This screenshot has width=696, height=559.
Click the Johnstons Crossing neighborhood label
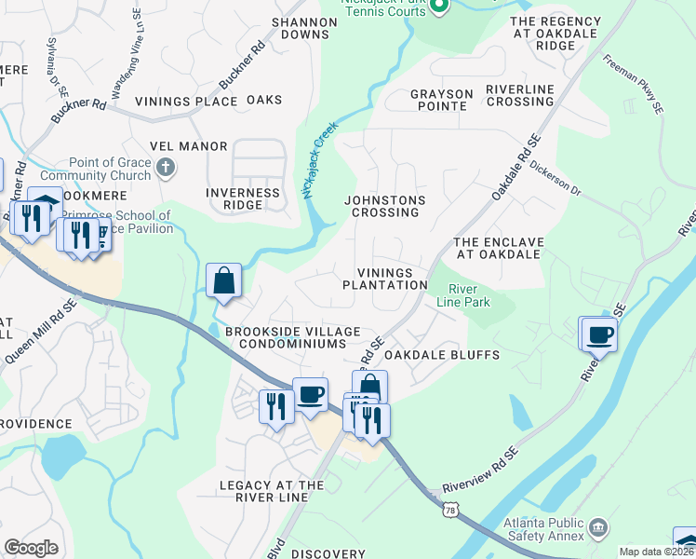[x=385, y=206]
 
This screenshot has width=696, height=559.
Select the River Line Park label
[x=469, y=294]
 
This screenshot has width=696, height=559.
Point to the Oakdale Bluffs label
[x=442, y=355]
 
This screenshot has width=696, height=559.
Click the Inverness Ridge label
[x=242, y=198]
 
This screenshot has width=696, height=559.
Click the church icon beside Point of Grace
[x=166, y=168]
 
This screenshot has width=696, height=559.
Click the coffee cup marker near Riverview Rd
[x=600, y=334]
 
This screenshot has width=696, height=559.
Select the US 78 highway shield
[x=451, y=511]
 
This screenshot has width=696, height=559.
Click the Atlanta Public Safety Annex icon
[x=597, y=528]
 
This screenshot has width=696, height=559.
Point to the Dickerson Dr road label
[x=554, y=180]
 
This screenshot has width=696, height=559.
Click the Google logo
[x=32, y=548]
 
